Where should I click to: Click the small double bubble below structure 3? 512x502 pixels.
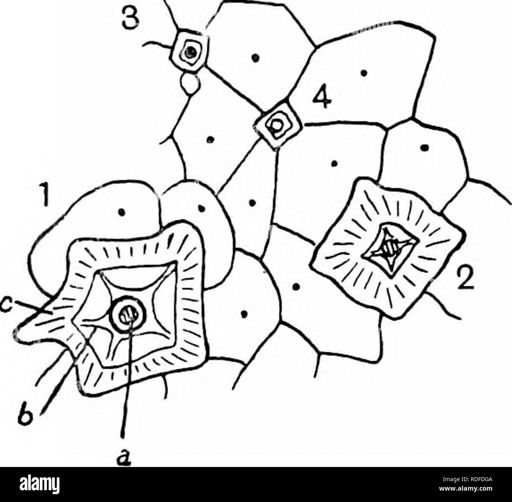tap(189, 85)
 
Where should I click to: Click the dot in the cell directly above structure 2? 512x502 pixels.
tap(425, 146)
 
